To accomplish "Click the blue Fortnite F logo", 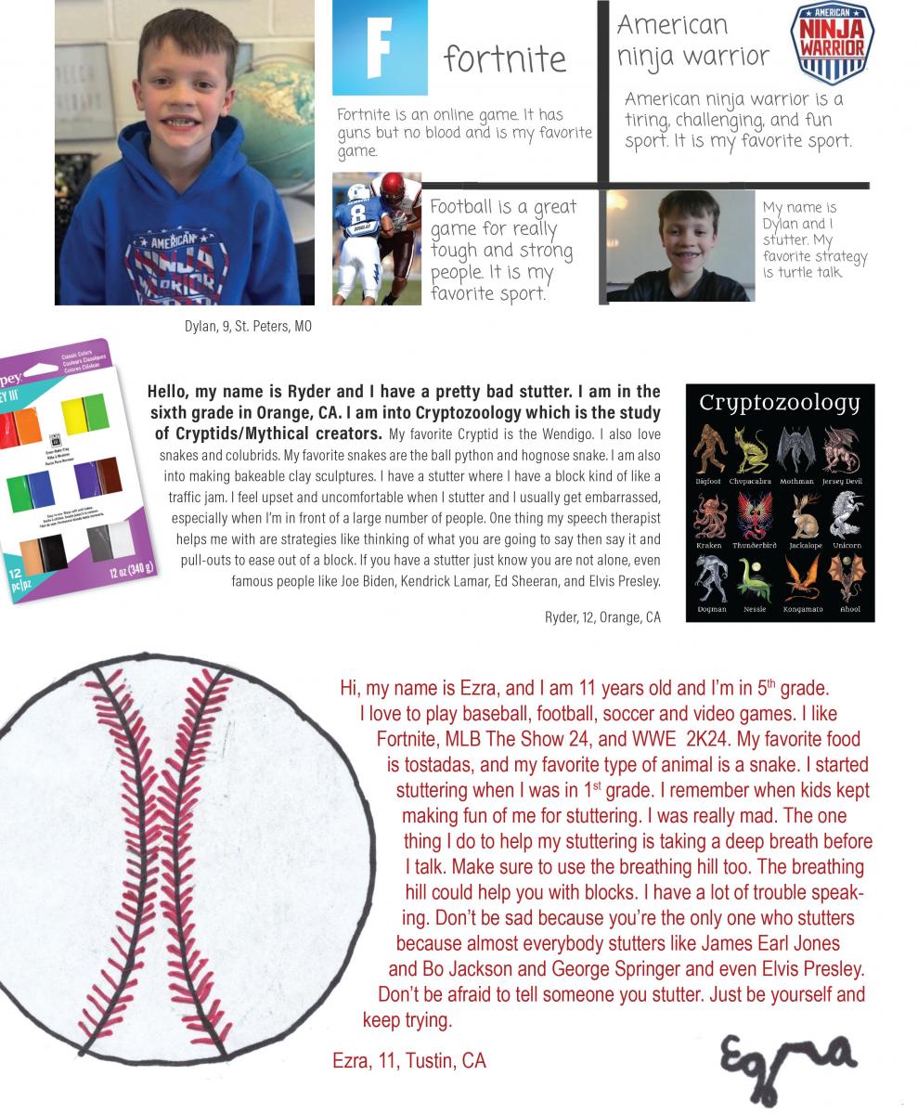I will coord(380,47).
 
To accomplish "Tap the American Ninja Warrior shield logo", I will coord(832,37).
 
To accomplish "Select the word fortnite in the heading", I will coord(505,59).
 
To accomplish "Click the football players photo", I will coord(377,239).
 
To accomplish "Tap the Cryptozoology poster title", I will coord(780,403).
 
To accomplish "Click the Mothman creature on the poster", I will coord(797,448).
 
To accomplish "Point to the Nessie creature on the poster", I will coord(755,579).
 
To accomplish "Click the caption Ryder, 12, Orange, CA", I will coord(602,616).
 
